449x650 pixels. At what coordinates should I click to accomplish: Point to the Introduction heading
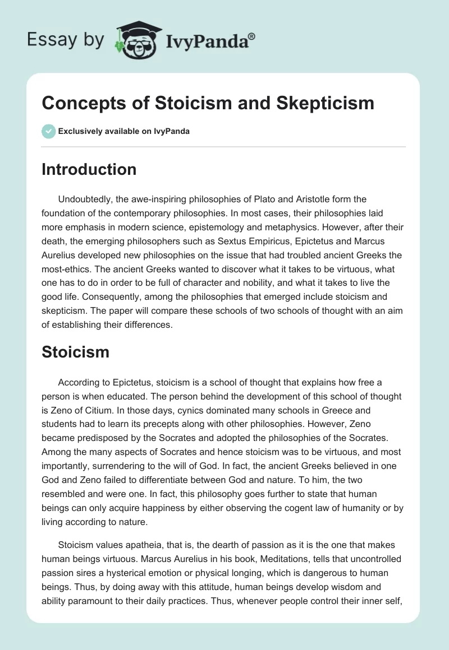tap(89, 169)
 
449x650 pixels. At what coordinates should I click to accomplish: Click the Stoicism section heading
tap(75, 352)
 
